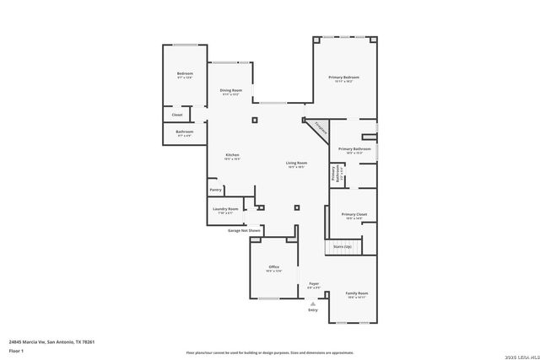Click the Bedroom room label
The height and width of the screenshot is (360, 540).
185,73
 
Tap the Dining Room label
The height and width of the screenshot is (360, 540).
231,90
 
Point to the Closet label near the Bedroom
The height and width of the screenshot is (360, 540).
177,115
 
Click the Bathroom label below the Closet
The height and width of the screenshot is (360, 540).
185,132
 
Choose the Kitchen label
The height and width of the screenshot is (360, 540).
232,154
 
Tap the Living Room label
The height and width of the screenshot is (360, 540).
296,163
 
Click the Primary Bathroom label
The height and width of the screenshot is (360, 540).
355,149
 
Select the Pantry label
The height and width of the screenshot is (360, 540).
216,190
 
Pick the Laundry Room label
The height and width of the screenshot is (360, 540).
225,208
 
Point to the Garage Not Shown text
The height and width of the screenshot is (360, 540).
244,229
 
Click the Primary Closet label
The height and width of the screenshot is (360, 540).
354,214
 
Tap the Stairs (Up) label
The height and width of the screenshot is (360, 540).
342,246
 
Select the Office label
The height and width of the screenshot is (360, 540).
274,267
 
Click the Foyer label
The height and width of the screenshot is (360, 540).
314,284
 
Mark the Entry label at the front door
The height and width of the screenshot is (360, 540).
313,309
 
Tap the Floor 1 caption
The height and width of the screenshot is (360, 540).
16,350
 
